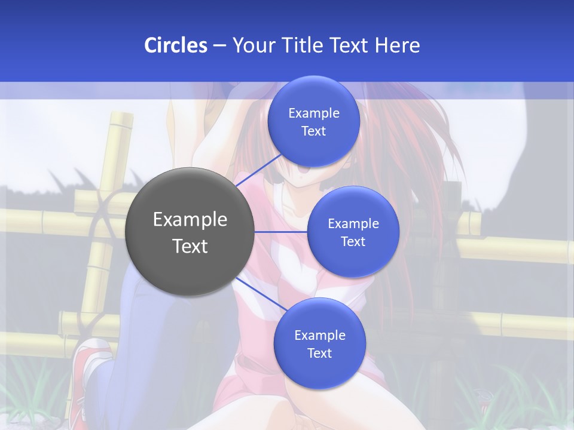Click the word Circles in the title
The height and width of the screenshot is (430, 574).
(176, 45)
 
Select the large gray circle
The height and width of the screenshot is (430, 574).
(190, 232)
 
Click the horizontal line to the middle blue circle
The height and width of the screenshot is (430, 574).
(281, 232)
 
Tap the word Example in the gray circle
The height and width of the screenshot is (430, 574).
(190, 220)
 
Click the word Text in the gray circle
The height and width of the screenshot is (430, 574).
(190, 246)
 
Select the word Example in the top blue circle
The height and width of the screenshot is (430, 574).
(314, 113)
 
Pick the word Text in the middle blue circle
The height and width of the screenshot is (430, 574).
(353, 242)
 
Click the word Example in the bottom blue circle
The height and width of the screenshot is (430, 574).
(319, 336)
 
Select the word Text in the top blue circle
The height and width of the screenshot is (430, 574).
(314, 131)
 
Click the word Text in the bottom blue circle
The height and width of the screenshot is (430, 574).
(319, 354)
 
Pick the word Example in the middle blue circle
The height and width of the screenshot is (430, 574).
(353, 224)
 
